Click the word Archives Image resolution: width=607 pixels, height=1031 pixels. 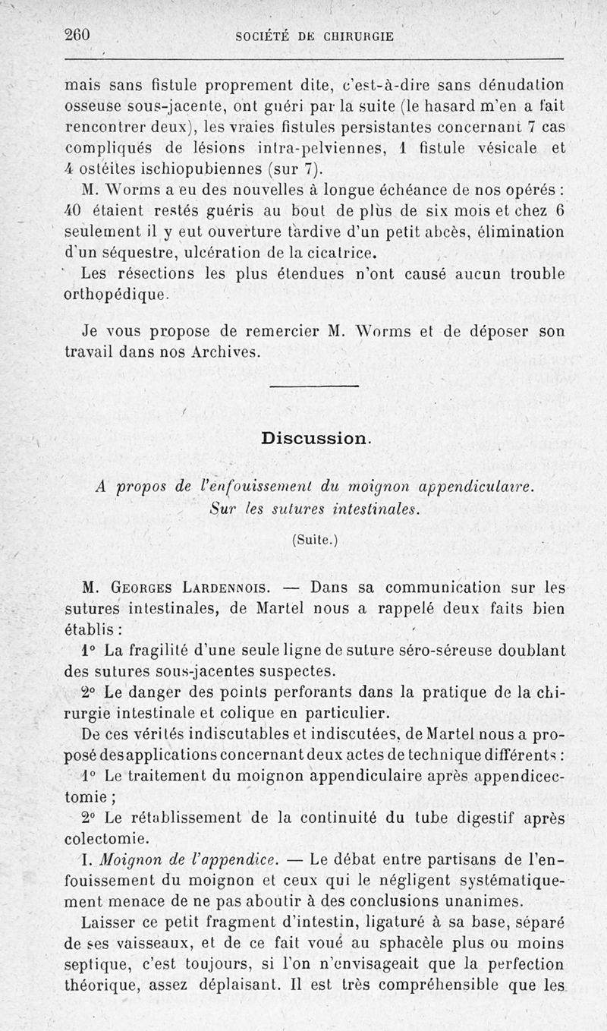click(x=225, y=353)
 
